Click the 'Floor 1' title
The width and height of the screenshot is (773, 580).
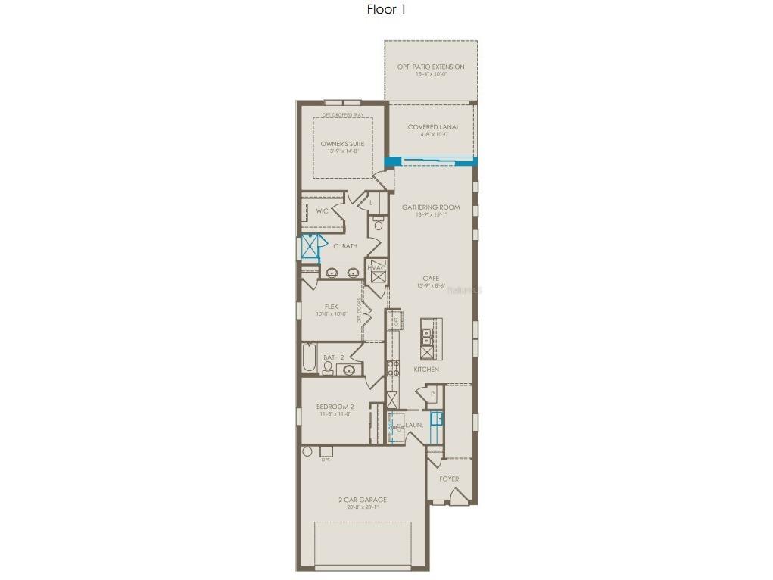pyautogui.click(x=386, y=10)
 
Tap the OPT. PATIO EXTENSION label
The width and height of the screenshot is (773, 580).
pyautogui.click(x=431, y=67)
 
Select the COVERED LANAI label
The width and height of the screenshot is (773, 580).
pyautogui.click(x=432, y=127)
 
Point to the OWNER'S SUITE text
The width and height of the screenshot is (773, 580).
pyautogui.click(x=342, y=143)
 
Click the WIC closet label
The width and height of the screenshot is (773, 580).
pyautogui.click(x=322, y=211)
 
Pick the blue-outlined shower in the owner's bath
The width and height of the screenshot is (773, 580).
pyautogui.click(x=310, y=247)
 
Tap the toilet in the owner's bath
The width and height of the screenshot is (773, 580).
pyautogui.click(x=379, y=224)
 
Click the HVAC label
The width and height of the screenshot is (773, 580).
pyautogui.click(x=376, y=268)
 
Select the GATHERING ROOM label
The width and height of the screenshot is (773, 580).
pyautogui.click(x=431, y=207)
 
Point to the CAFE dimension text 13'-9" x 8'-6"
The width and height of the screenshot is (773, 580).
pyautogui.click(x=431, y=286)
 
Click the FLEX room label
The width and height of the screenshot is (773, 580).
pyautogui.click(x=331, y=307)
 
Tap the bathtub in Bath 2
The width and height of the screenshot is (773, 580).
pyautogui.click(x=308, y=358)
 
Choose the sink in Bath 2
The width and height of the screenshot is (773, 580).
pyautogui.click(x=349, y=370)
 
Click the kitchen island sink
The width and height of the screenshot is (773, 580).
pyautogui.click(x=426, y=336)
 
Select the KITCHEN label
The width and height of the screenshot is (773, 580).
pyautogui.click(x=426, y=370)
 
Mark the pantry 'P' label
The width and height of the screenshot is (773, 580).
pyautogui.click(x=432, y=394)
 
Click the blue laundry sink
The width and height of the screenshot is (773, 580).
pyautogui.click(x=436, y=418)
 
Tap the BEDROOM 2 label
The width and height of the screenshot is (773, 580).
pyautogui.click(x=335, y=407)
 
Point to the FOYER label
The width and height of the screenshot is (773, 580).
pyautogui.click(x=449, y=479)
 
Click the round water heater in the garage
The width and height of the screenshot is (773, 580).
pyautogui.click(x=307, y=451)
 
